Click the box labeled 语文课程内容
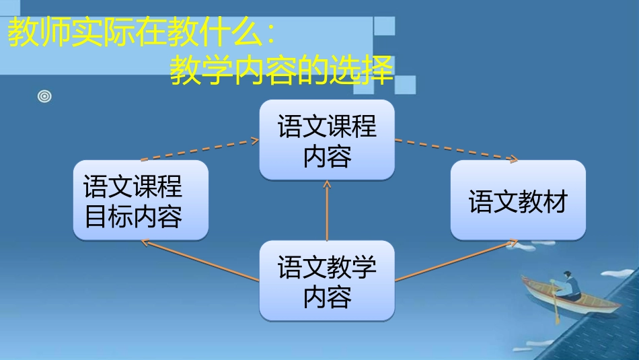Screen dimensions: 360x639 327,140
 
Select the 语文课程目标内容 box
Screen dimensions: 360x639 141,200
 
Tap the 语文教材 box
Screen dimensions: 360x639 518,200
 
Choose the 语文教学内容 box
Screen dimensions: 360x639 327,281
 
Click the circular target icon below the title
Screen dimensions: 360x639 44,97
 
